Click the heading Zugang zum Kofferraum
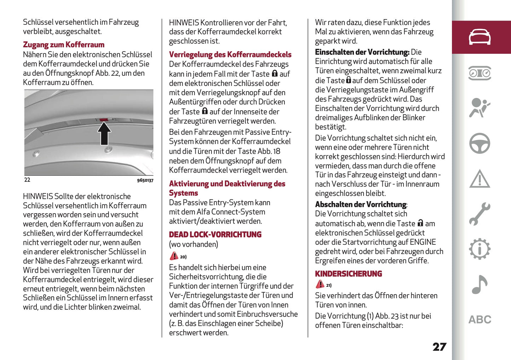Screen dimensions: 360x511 tap(64, 45)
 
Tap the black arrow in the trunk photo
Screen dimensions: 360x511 tap(104, 134)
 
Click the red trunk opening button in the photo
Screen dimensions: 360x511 tap(104, 120)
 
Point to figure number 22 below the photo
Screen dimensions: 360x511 tap(27, 180)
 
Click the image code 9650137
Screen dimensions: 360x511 tap(145, 180)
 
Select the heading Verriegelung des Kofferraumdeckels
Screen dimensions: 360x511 tap(230, 55)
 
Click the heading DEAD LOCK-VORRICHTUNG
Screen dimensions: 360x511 tap(215, 235)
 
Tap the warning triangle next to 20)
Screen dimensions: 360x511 tap(174, 256)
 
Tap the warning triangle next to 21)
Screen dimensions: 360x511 tap(320, 284)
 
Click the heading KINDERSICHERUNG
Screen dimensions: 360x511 tap(348, 274)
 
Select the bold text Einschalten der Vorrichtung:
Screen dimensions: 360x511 tap(362, 52)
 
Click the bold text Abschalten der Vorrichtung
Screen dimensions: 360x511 tap(361, 205)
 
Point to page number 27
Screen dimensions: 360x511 tap(439, 347)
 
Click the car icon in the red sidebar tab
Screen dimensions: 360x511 tap(480, 37)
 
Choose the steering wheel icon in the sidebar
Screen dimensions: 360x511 tap(480, 143)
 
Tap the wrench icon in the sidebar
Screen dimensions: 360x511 tap(480, 214)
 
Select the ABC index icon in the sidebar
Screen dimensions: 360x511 tap(480, 320)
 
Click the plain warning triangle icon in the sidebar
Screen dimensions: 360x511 tap(480, 179)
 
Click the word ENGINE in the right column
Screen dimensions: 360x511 tap(423, 242)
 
